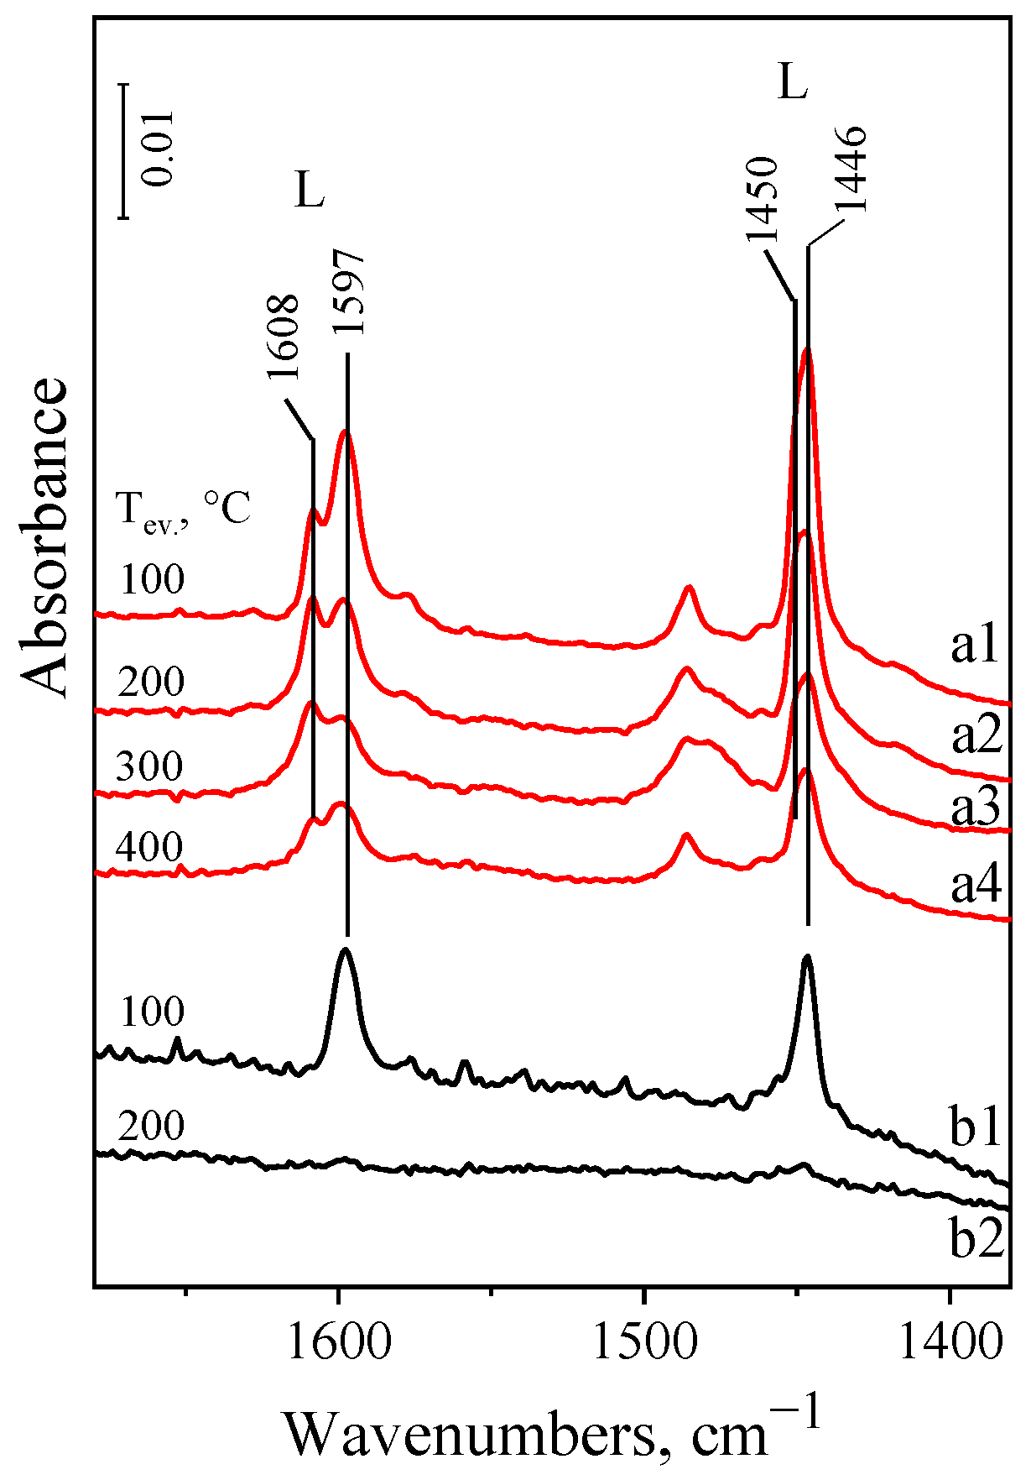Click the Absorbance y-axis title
[x=44, y=537]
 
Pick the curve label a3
[x=976, y=808]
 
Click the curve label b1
[x=976, y=1130]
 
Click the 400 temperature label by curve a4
[x=149, y=848]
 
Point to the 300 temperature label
[x=149, y=767]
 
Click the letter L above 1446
[x=793, y=83]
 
